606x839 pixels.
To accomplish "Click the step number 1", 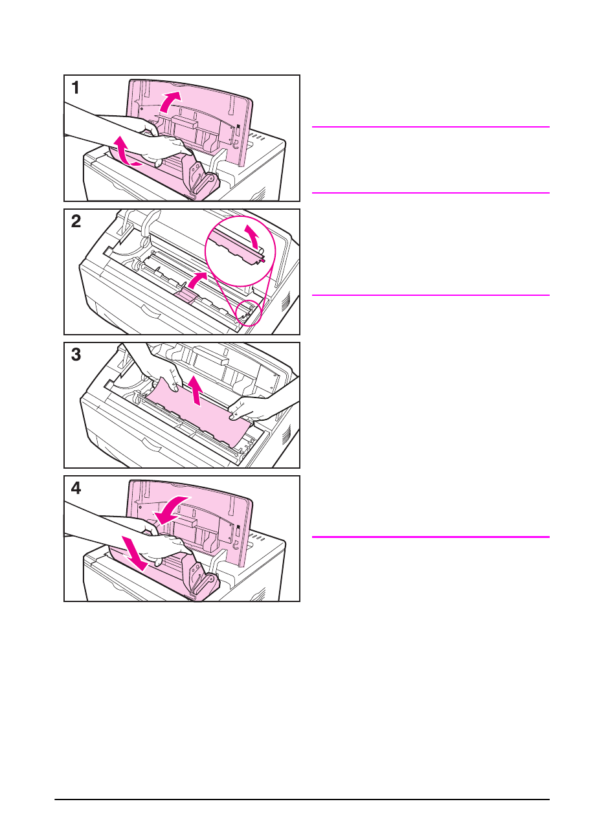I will [x=76, y=87].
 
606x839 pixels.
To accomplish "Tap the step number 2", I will [x=76, y=221].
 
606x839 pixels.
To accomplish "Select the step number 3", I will [x=76, y=355].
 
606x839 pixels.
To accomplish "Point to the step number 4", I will [x=76, y=488].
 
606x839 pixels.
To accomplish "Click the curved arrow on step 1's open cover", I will [x=170, y=101].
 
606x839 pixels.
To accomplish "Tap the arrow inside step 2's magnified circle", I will [x=255, y=236].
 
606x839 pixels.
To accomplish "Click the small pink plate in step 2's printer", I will [x=185, y=296].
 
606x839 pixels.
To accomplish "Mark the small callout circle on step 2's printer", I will [x=248, y=312].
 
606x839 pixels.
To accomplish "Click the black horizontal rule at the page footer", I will [x=302, y=800].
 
